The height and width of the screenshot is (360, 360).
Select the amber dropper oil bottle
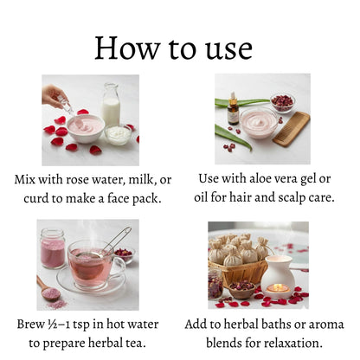[x=233, y=109]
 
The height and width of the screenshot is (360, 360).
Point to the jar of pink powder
[x=52, y=249]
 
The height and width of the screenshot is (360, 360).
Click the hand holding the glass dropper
[x=55, y=94]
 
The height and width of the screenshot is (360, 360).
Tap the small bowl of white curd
[x=118, y=135]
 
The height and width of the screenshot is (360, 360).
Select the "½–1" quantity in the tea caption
[x=75, y=325]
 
